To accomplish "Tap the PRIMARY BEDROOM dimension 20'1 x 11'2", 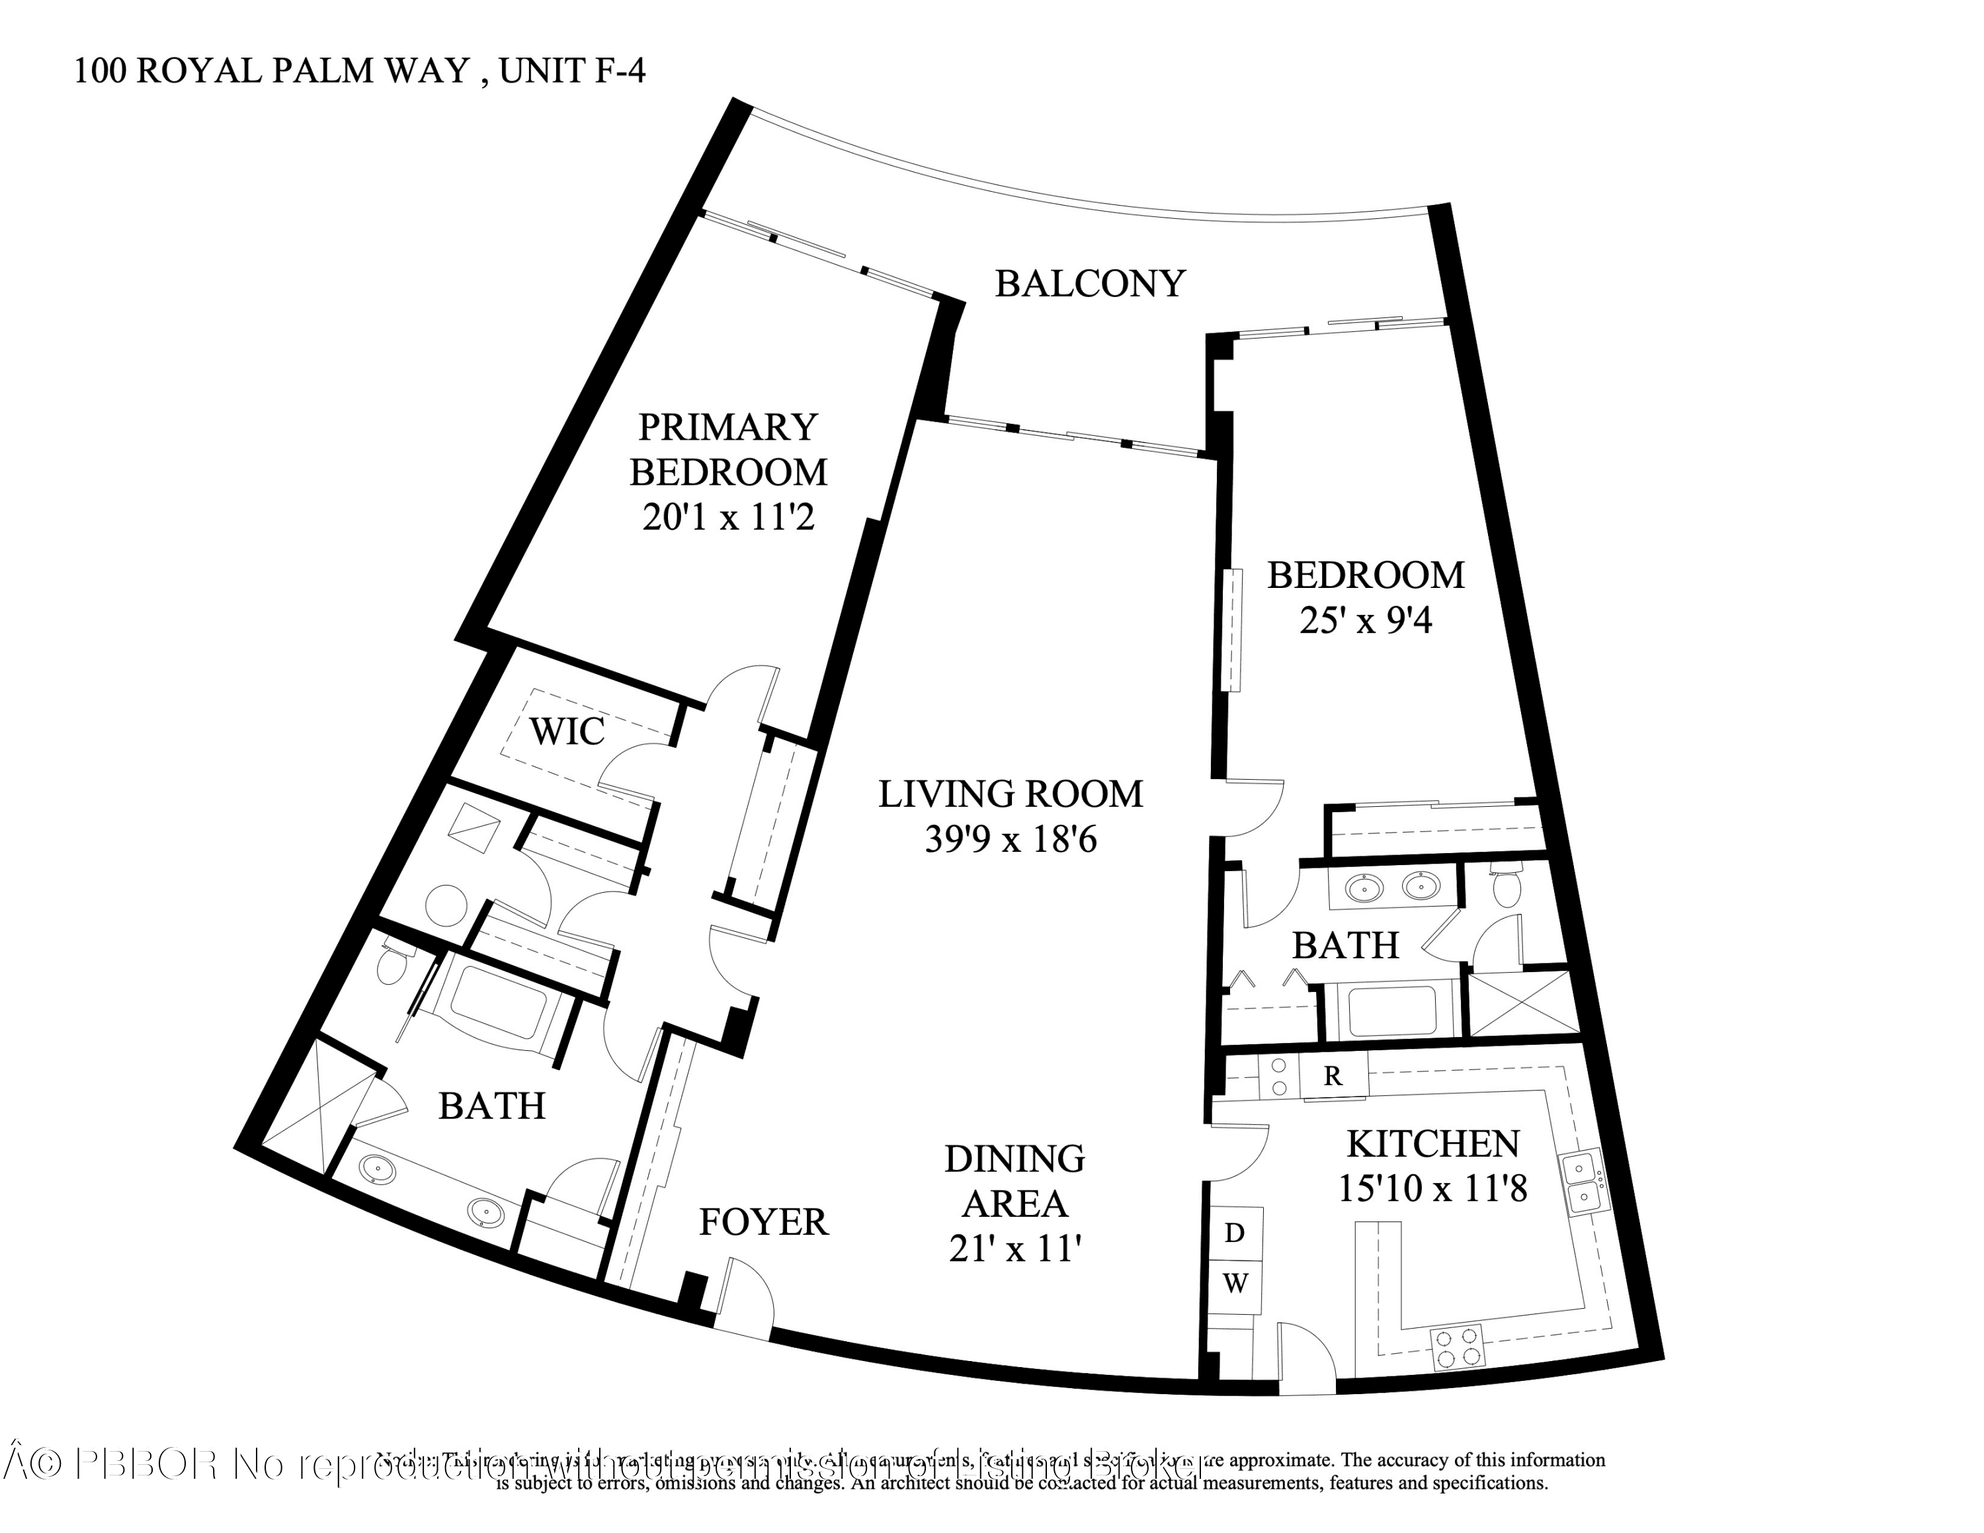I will [x=727, y=518].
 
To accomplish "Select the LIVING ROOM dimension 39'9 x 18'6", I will [x=1010, y=839].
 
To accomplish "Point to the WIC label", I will [x=567, y=731].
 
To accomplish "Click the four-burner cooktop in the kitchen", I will [x=1456, y=1348].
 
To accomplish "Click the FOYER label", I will [x=763, y=1222].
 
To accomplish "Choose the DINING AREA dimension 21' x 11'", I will [x=1014, y=1251].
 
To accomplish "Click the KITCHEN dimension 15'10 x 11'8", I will [x=1432, y=1189].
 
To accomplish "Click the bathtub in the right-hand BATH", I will [x=1391, y=1010].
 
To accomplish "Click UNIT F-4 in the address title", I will [x=571, y=71].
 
